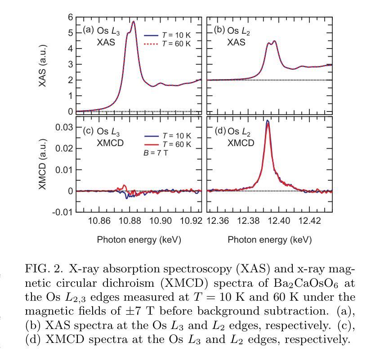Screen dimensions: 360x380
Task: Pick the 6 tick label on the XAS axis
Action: [70, 17]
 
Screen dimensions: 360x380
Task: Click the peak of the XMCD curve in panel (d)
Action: [268, 121]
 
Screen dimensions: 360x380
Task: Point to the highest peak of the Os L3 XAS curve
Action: [134, 22]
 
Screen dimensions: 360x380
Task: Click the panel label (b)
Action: [219, 31]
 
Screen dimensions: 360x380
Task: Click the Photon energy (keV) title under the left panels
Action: [139, 240]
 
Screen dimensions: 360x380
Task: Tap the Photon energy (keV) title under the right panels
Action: [269, 240]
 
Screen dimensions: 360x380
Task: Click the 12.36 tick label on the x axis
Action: [218, 221]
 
